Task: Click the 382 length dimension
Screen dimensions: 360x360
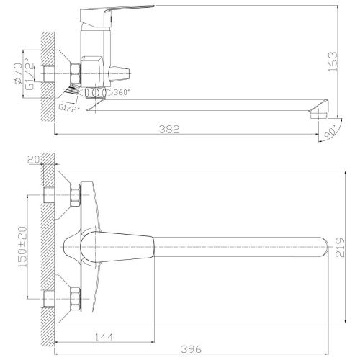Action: point(168,129)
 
